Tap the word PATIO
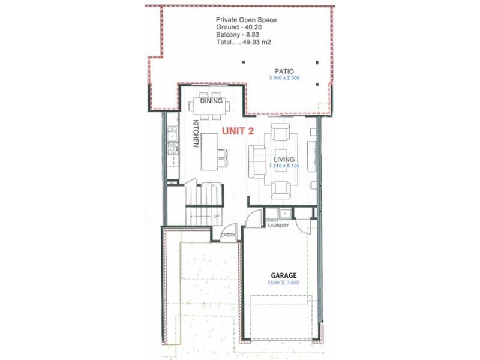coord(280,70)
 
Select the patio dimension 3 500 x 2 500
coord(284,78)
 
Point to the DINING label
coord(211,101)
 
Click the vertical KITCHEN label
coord(196,134)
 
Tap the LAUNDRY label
coord(279,226)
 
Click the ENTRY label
coord(229,235)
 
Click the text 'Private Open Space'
coord(247,20)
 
